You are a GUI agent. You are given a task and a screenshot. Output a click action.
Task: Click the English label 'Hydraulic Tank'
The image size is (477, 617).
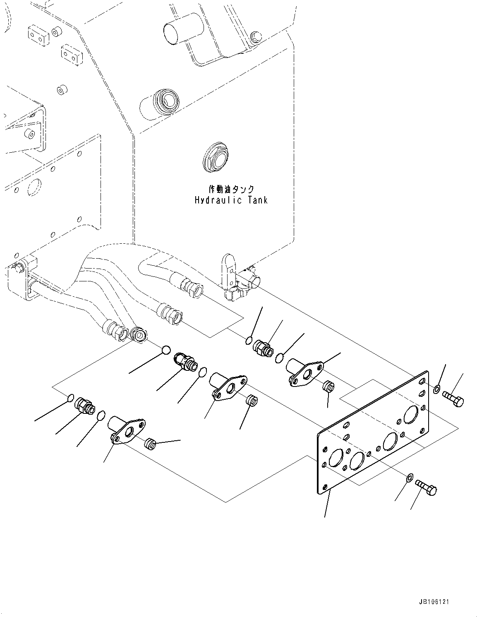[231, 200]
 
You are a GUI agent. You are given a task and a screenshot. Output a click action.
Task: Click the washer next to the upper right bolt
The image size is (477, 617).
[437, 389]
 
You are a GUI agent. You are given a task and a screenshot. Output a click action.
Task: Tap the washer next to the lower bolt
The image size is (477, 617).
[409, 478]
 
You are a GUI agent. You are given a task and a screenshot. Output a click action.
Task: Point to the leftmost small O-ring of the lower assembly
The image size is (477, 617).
[70, 399]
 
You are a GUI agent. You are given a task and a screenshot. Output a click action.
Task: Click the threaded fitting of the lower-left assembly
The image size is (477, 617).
[84, 406]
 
